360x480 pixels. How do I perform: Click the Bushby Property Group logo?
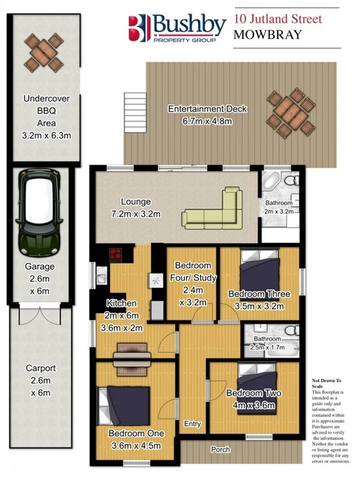pyautogui.click(x=178, y=28)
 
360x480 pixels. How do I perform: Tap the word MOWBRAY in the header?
pyautogui.click(x=268, y=34)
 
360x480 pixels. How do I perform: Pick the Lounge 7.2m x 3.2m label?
pyautogui.click(x=140, y=208)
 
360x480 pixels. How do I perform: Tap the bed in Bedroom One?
pyautogui.click(x=123, y=404)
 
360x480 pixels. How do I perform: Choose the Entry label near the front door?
pyautogui.click(x=192, y=424)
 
